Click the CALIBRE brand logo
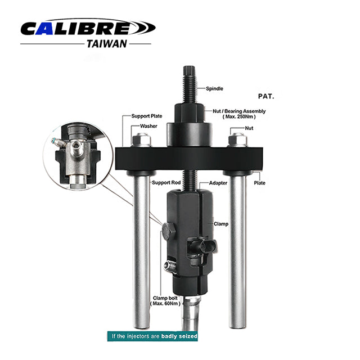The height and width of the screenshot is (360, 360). pos(88,28)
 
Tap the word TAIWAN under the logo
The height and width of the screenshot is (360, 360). pos(107,44)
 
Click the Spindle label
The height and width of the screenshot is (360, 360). pos(214,89)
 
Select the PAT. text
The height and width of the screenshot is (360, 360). pos(266,96)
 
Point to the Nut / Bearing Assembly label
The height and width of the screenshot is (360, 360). pos(239,114)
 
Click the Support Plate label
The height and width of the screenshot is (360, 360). pos(147,116)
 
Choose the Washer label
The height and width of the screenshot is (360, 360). pos(148,126)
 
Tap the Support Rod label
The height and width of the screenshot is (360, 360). pos(166,182)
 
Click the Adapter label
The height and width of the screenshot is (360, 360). pos(218,183)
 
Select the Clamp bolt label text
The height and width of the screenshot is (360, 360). pos(165,301)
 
